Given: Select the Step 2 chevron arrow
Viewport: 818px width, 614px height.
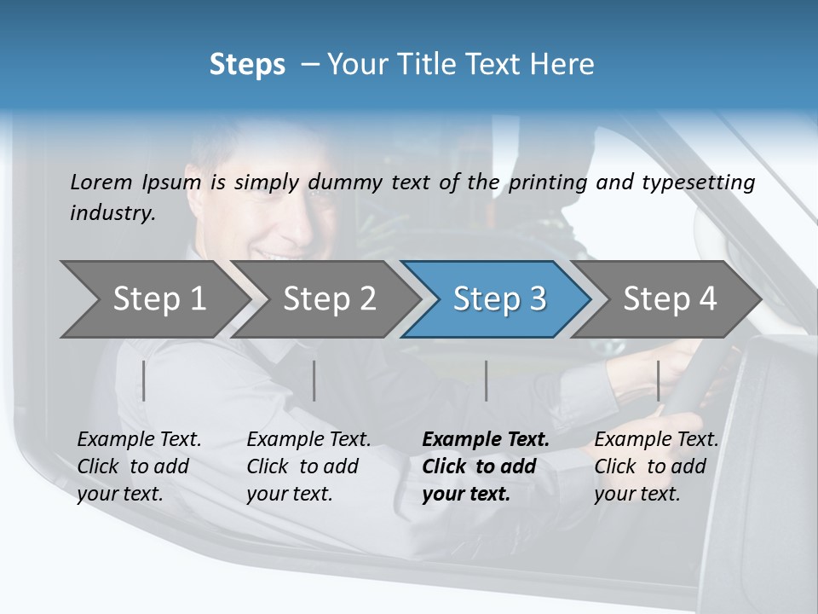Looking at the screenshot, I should (x=328, y=299).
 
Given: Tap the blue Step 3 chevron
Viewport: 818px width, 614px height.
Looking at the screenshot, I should (x=498, y=299).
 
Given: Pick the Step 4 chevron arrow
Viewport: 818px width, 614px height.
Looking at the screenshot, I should (x=669, y=299).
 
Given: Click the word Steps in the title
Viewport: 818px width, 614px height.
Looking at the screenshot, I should (x=247, y=65).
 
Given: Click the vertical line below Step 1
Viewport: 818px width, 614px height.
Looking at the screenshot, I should (x=144, y=380).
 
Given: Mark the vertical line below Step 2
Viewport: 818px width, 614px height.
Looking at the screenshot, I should (x=314, y=380).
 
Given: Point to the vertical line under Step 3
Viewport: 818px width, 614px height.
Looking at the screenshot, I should (x=487, y=380).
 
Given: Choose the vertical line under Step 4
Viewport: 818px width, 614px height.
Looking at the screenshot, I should (x=659, y=380).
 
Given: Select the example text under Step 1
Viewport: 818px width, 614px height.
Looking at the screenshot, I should (x=139, y=466).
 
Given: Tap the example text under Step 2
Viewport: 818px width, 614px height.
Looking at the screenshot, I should (x=308, y=466).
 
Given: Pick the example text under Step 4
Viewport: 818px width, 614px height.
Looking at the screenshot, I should (x=656, y=466).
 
